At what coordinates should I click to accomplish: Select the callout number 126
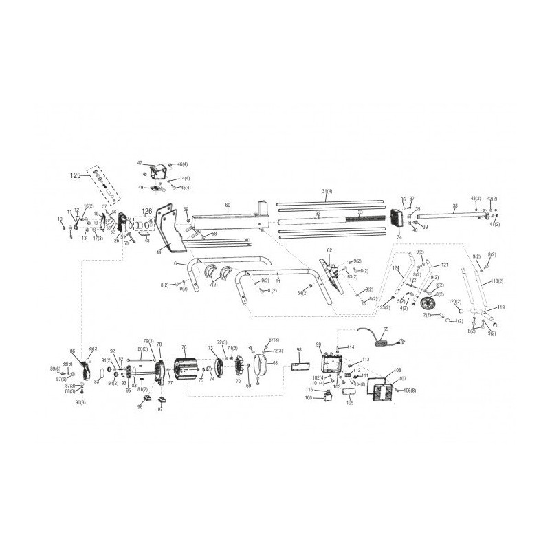click(x=146, y=211)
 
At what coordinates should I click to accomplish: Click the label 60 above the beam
click(x=228, y=205)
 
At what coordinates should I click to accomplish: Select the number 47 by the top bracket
click(x=140, y=163)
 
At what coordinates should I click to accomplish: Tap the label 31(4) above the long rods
click(x=327, y=190)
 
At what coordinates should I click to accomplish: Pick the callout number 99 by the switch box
click(x=318, y=344)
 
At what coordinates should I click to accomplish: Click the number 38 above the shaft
click(x=454, y=205)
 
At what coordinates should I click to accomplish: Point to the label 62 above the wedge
click(x=329, y=250)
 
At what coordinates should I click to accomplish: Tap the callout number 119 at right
click(x=501, y=307)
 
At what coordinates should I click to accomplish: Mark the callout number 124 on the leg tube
click(x=396, y=268)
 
